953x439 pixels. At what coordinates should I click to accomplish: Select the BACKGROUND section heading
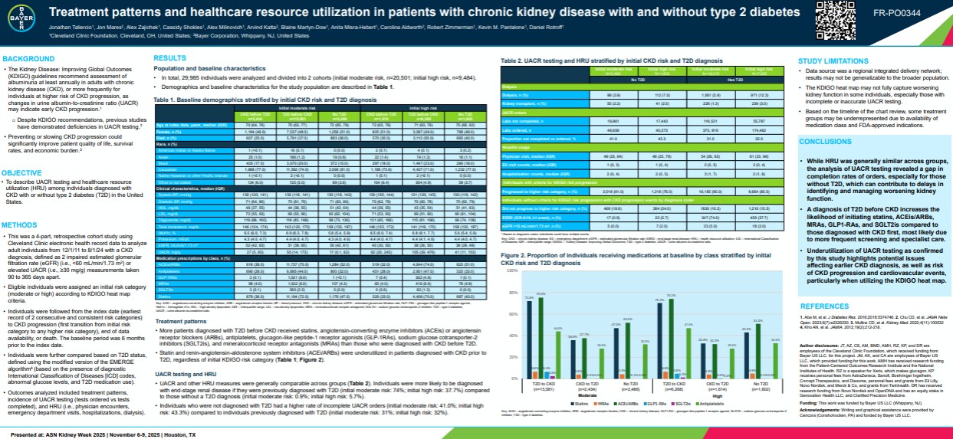tap(27, 59)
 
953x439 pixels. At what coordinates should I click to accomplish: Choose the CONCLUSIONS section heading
tap(825, 142)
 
